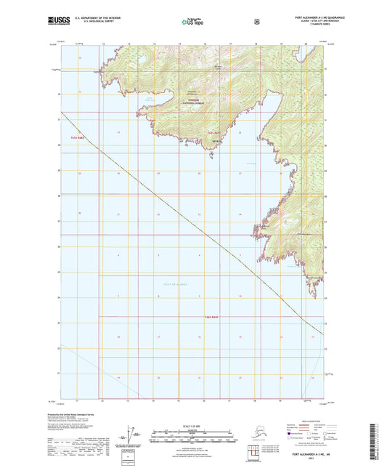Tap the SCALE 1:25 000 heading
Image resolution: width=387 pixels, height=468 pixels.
(192, 424)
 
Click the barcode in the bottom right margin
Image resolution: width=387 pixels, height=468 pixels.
(378, 440)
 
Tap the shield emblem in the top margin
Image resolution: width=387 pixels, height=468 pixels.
(256, 22)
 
